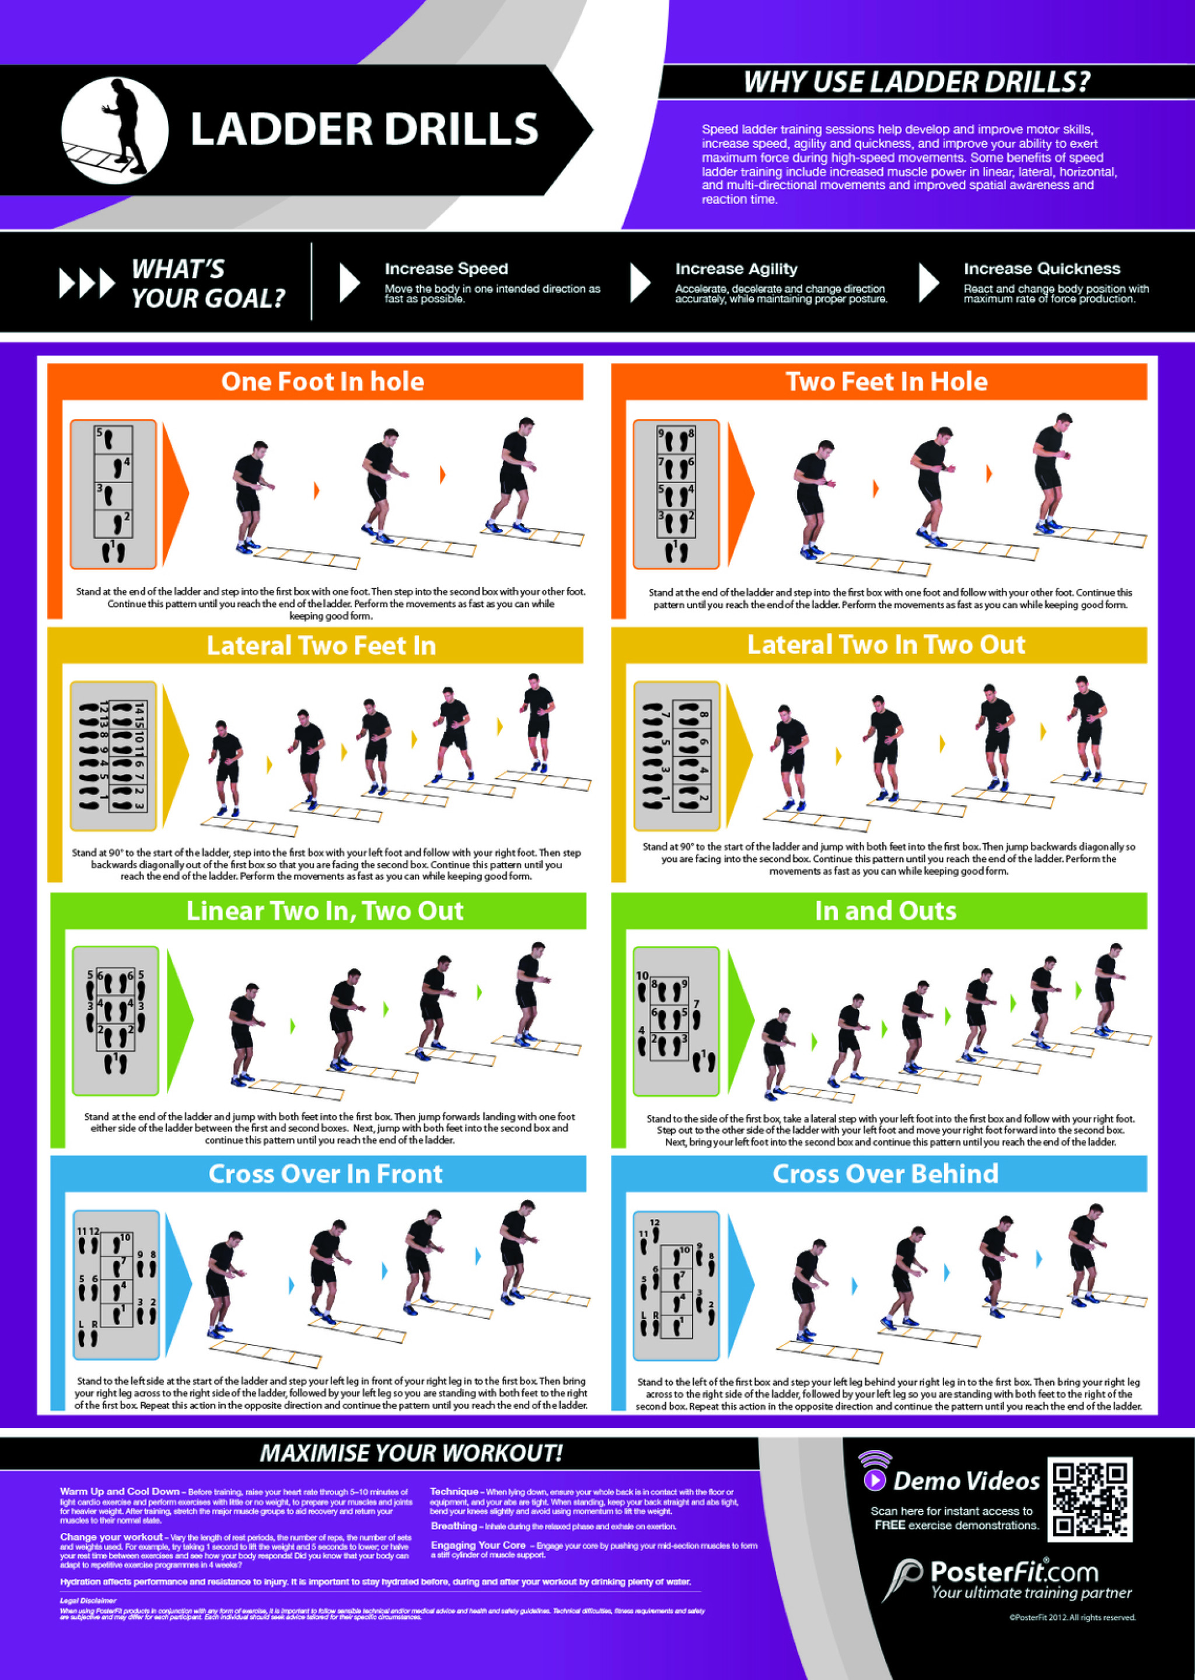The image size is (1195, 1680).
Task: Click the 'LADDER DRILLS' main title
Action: [x=364, y=130]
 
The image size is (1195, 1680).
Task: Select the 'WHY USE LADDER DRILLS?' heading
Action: [x=916, y=82]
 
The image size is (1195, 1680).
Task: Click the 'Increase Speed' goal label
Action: [x=446, y=268]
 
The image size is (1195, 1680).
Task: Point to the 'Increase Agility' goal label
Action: [x=736, y=268]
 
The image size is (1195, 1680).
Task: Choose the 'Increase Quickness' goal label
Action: [x=1042, y=268]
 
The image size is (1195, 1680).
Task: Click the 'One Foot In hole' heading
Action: [x=322, y=381]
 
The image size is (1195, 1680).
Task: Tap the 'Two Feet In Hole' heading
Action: [x=886, y=381]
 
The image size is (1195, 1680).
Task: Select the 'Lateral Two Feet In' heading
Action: [x=321, y=645]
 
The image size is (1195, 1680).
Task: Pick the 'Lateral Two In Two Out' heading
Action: [x=886, y=645]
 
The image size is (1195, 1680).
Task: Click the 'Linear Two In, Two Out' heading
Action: [x=324, y=911]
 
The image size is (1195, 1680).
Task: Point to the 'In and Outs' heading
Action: [x=885, y=911]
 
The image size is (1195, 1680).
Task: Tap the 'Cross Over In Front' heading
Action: [x=325, y=1173]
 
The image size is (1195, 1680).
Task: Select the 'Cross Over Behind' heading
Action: [x=885, y=1173]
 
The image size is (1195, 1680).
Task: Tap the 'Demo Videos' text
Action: [x=966, y=1482]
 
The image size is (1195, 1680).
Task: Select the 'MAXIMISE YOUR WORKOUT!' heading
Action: [x=411, y=1452]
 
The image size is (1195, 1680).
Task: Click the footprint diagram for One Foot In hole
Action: [x=113, y=494]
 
